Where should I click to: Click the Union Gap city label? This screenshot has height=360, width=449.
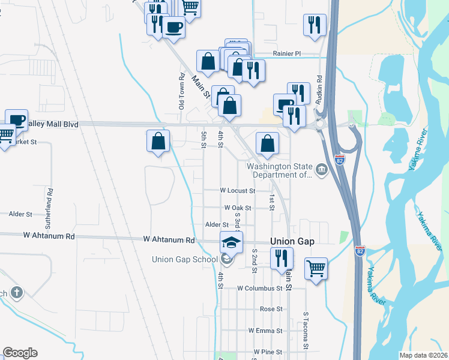(293, 241)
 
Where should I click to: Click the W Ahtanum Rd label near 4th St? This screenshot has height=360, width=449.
(169, 239)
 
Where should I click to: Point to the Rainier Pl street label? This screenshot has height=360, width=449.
(286, 53)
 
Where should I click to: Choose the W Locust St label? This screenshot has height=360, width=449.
(238, 191)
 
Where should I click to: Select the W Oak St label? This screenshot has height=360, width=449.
(237, 208)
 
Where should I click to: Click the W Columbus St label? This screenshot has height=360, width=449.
(259, 288)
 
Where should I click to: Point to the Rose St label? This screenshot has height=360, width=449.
(271, 309)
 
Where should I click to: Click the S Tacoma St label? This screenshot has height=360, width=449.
(306, 330)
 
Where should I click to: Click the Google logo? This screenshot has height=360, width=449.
(20, 353)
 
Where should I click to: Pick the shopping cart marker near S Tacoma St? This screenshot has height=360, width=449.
(316, 268)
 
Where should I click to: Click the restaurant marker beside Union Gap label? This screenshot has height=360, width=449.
(281, 258)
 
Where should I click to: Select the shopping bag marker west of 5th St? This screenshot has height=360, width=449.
(158, 142)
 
